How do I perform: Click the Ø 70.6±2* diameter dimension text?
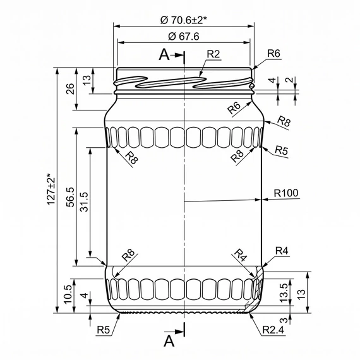click(183, 20)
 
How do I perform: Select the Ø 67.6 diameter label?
click(183, 37)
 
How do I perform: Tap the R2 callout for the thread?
click(213, 54)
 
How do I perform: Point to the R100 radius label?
click(286, 193)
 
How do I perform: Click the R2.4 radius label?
click(273, 330)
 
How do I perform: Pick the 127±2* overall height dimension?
click(51, 189)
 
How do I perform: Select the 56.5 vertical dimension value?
click(71, 197)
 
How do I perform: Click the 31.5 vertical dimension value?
click(83, 202)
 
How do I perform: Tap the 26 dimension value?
click(70, 89)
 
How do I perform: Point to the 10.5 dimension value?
click(68, 294)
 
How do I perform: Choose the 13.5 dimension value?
click(284, 292)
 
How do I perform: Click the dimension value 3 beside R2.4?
click(284, 320)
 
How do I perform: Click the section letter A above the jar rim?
click(164, 55)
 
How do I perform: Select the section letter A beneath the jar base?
click(169, 341)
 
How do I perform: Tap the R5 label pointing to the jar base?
click(104, 330)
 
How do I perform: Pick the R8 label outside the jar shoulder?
click(284, 121)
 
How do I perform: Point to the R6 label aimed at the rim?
click(273, 54)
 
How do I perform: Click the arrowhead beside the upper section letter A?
click(179, 55)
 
